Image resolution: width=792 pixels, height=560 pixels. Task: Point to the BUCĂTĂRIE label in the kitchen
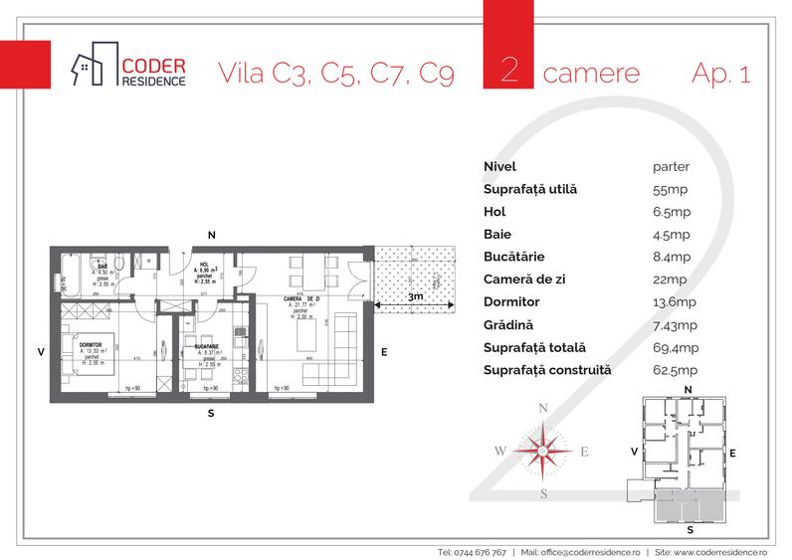point(207,352)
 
